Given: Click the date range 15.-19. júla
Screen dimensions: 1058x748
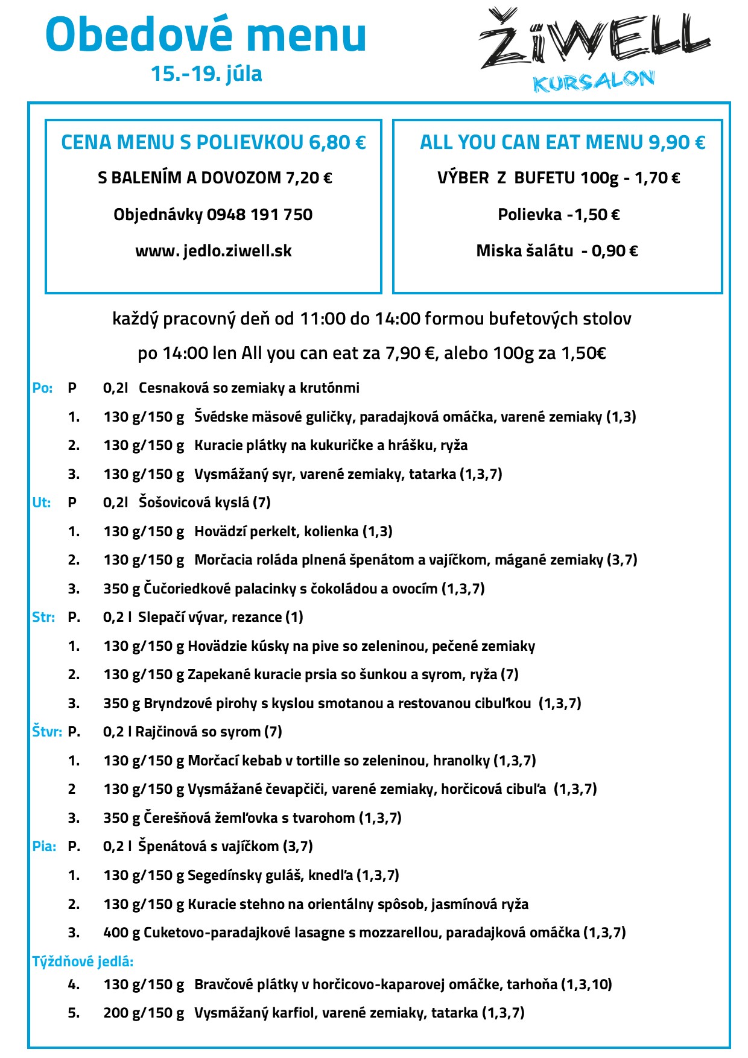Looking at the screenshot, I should pos(206,74).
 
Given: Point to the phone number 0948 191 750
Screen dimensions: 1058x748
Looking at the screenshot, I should pos(259,215).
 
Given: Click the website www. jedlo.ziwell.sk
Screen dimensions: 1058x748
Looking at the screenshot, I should pos(214,251).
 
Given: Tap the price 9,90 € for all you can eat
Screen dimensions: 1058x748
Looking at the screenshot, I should pos(677,142).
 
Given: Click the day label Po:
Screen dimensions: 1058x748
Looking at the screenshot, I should pos(42,388).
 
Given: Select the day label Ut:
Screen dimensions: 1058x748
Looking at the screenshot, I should pos(42,503).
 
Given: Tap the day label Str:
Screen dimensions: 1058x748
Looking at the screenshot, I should pos(43,618).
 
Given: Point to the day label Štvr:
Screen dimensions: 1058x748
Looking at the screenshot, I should pos(47,732).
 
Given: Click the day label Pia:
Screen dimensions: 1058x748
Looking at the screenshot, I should pos(44,847).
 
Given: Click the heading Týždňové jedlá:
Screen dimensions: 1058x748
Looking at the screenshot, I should pos(83,961).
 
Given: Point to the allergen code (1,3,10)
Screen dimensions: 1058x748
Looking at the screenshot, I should pos(586,984).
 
